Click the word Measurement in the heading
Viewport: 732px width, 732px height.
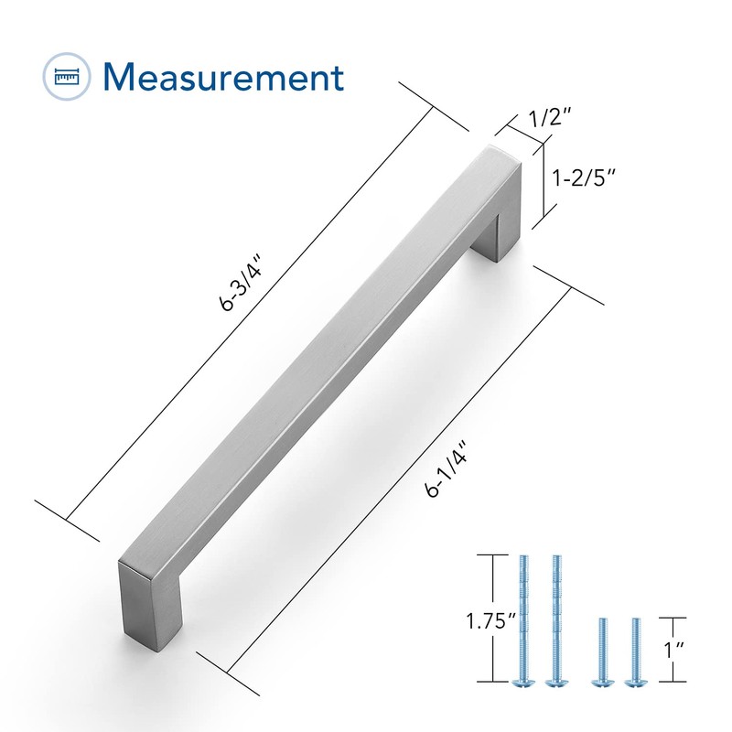(223, 77)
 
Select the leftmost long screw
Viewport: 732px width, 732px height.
(524, 618)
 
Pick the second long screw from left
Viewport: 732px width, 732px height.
(554, 618)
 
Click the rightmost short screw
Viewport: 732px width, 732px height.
(633, 650)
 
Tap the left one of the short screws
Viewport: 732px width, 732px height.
(602, 650)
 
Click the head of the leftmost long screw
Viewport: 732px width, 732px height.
(524, 681)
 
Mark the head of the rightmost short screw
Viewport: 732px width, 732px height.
(633, 681)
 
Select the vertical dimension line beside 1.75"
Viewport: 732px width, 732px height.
(495, 619)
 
